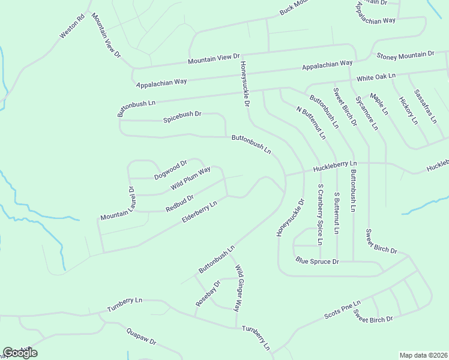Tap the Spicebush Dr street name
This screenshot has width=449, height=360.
[182, 117]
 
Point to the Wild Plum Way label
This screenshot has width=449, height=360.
[190, 179]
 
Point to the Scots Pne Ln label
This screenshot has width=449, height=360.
[342, 310]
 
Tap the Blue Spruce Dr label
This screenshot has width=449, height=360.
[318, 262]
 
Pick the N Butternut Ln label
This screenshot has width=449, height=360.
[311, 122]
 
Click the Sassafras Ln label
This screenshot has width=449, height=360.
[426, 109]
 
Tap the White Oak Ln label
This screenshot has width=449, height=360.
[376, 77]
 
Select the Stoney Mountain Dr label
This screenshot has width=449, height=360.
[405, 55]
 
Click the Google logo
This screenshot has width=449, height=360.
[20, 353]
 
